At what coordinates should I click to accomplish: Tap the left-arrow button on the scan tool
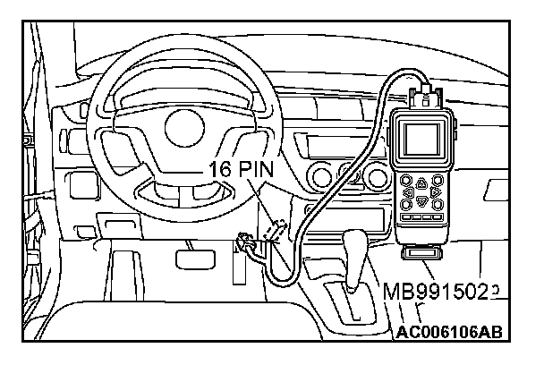(407, 191)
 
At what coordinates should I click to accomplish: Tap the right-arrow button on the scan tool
(435, 191)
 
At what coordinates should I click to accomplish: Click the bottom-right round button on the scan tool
(437, 204)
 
